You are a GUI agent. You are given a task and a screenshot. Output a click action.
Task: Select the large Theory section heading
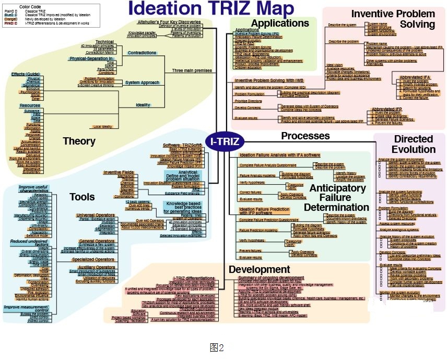(79, 141)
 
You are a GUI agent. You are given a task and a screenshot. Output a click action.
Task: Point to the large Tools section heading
(82, 197)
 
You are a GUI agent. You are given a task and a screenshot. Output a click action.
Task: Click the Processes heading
(305, 136)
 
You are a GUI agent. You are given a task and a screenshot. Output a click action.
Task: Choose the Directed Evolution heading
(413, 144)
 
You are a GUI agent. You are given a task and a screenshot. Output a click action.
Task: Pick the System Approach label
(143, 82)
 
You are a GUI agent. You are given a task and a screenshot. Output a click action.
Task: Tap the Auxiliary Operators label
(94, 267)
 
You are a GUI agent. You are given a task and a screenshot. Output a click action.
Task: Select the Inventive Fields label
(119, 172)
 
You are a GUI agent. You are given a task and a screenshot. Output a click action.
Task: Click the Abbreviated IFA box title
(415, 77)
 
